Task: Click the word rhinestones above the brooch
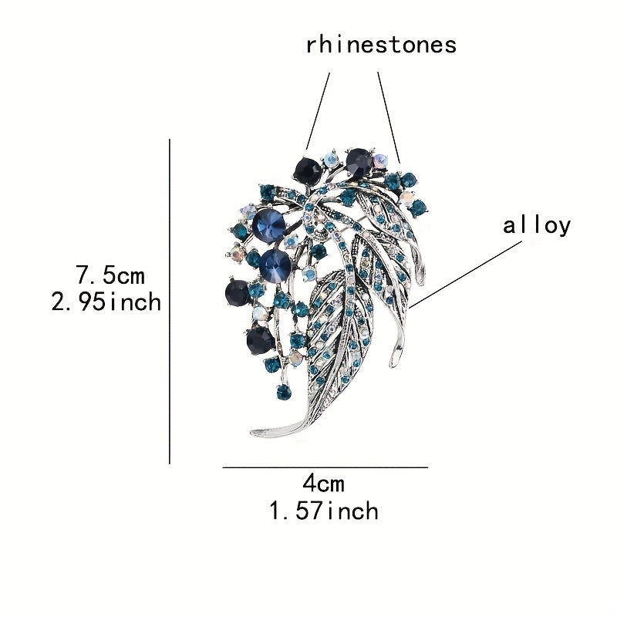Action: [x=381, y=44]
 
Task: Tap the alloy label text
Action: [x=537, y=225]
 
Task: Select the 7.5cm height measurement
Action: [x=110, y=274]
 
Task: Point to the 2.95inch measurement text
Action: [x=106, y=301]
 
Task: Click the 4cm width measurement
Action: [x=323, y=484]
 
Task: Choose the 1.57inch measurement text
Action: [x=323, y=510]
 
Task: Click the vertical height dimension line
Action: [x=169, y=301]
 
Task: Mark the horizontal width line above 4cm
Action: [x=324, y=467]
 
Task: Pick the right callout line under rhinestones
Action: [x=389, y=116]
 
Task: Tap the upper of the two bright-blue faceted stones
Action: [x=266, y=223]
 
